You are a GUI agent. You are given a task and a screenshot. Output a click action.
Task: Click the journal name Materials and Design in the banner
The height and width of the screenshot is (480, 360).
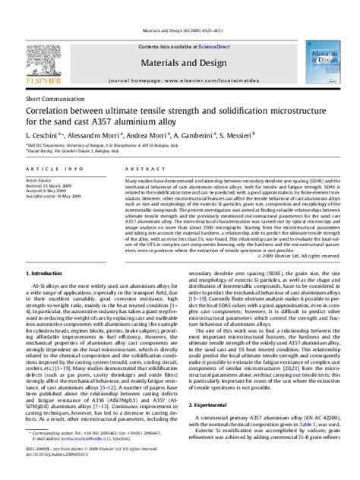pos(180,44)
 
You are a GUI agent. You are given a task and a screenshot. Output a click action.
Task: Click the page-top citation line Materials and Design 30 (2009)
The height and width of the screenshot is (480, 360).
pos(180,8)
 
